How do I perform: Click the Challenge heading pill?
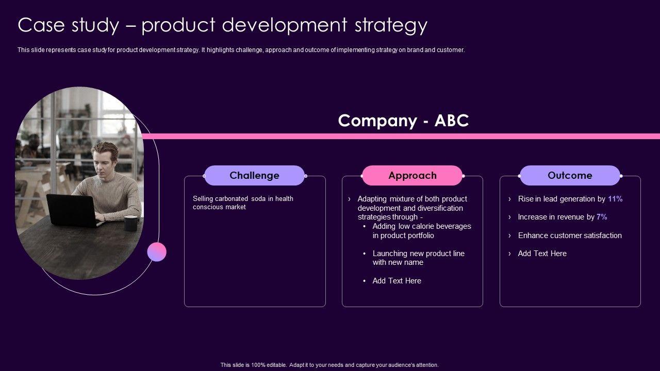(x=254, y=175)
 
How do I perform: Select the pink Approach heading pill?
(x=412, y=175)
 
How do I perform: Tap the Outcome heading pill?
(x=570, y=175)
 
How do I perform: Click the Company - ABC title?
(x=403, y=121)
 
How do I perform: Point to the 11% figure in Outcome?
(x=615, y=199)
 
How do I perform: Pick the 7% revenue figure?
(x=602, y=217)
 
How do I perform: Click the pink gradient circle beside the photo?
(x=157, y=252)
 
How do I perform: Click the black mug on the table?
(x=130, y=223)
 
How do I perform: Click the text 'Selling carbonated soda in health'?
(x=243, y=199)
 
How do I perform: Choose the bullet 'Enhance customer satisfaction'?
(x=570, y=235)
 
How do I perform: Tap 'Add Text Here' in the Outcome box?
(x=542, y=254)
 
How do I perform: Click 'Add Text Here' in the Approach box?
(x=397, y=281)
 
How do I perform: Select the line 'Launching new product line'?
(x=418, y=254)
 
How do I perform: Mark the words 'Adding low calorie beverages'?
(x=421, y=226)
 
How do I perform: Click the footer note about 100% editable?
(x=329, y=365)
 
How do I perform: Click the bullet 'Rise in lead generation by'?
(x=562, y=199)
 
